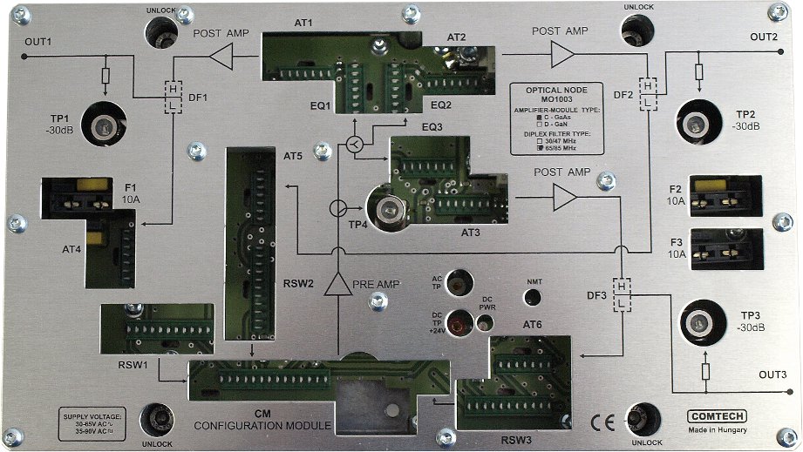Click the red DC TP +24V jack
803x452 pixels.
pos(458,323)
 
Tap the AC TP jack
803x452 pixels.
pos(459,282)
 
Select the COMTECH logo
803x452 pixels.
pos(715,416)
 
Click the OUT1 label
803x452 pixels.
pos(38,42)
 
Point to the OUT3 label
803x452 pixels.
pos(772,375)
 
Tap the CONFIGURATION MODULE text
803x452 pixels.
pos(262,425)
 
